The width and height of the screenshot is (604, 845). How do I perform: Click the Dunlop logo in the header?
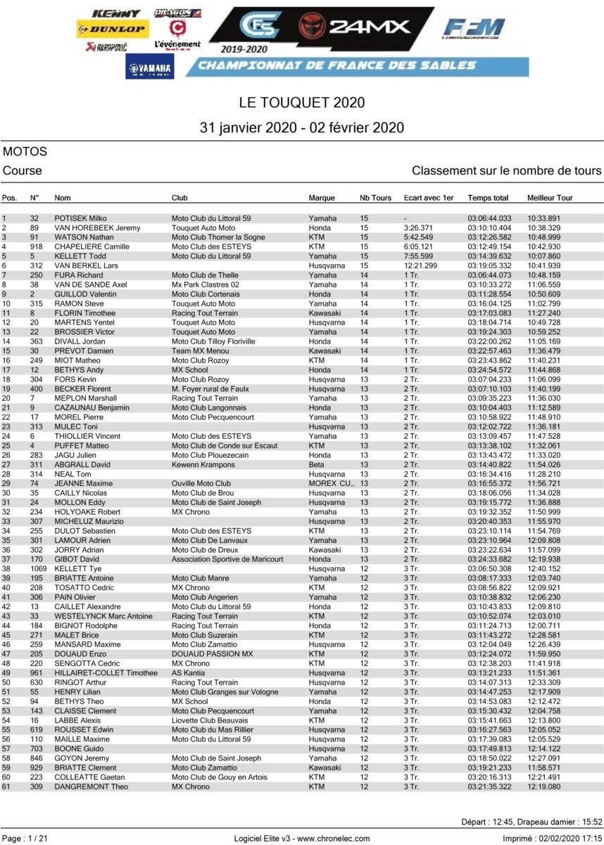[113, 30]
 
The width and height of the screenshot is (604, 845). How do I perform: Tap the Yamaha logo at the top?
[150, 68]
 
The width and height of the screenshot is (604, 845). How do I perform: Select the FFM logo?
[474, 29]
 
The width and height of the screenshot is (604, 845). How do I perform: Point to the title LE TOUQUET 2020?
[302, 103]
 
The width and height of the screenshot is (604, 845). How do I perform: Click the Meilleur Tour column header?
[549, 198]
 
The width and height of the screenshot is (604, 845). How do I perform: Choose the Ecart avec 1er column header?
[429, 198]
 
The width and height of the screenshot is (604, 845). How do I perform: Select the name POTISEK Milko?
[80, 218]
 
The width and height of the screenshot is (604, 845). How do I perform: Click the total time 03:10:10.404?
[489, 228]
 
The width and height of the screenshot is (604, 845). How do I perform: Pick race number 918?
[36, 247]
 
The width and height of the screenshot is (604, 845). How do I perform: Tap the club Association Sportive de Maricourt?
[227, 560]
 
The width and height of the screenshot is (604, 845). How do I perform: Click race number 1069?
[38, 569]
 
